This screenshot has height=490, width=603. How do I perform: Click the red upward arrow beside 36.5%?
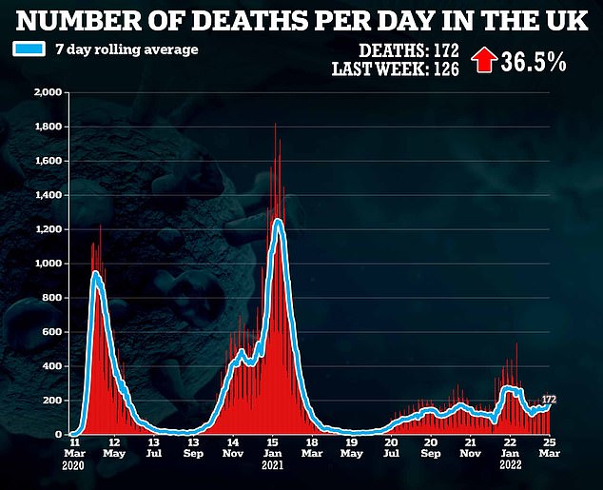tap(484, 62)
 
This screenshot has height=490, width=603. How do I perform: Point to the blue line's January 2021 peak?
tap(278, 221)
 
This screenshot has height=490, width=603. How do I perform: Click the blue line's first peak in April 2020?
tap(96, 273)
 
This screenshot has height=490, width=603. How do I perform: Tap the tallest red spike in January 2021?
tap(275, 125)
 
